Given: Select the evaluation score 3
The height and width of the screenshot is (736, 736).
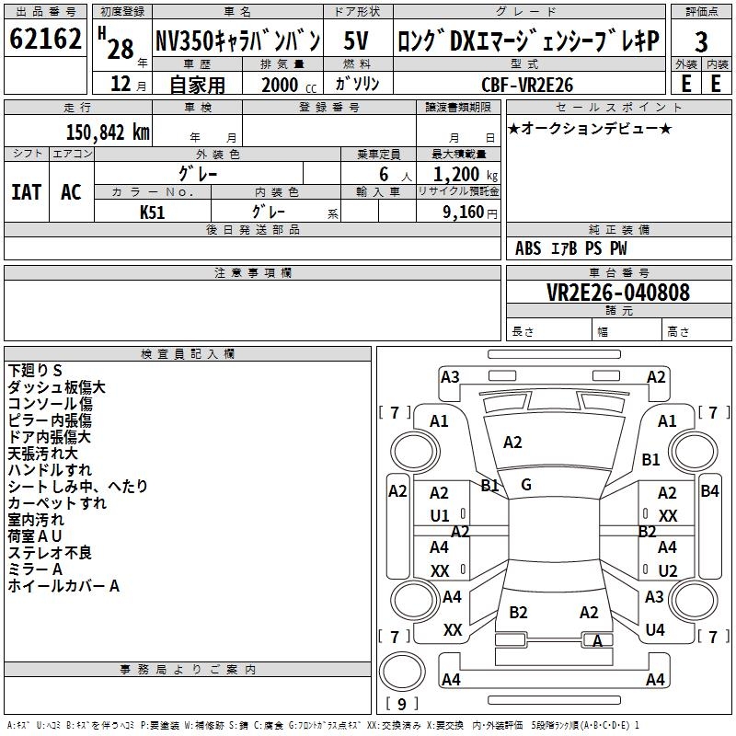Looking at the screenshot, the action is coord(701,42).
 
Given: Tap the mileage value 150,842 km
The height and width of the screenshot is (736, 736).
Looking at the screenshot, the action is coord(107,132).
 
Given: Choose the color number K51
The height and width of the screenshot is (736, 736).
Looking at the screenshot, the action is coord(153,211).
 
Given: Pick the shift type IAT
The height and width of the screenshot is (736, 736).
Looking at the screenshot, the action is coord(26,191).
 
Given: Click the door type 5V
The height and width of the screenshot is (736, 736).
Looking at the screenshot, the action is coord(357,40).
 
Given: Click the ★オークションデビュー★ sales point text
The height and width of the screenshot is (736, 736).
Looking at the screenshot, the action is coord(590,128).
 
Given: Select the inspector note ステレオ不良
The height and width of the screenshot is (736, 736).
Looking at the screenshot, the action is coord(51,553).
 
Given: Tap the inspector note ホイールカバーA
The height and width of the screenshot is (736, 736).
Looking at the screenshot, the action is coord(64,586).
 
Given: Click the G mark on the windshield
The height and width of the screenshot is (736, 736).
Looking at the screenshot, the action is coord(525,484).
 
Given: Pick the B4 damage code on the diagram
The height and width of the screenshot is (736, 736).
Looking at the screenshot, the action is coord(709,490).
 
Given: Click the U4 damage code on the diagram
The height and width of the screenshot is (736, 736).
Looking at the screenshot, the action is coord(655,630).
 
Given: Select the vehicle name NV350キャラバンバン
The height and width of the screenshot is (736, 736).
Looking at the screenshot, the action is coord(237,40).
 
